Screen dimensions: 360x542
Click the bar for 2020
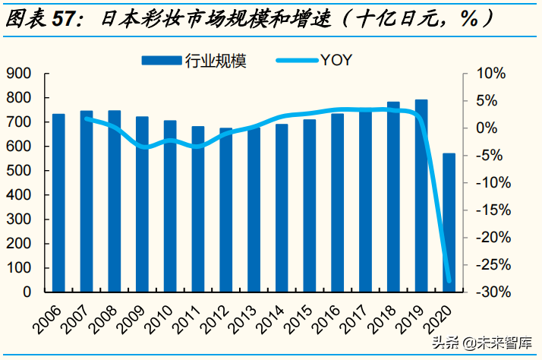pyautogui.click(x=449, y=222)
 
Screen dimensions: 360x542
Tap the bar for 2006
pyautogui.click(x=58, y=202)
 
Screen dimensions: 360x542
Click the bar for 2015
pyautogui.click(x=310, y=205)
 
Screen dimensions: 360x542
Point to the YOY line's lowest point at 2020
pyautogui.click(x=449, y=281)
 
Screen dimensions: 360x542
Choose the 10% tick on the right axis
pyautogui.click(x=489, y=74)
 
